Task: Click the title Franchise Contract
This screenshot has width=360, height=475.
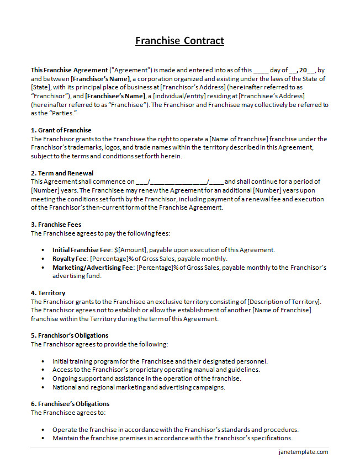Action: point(180,41)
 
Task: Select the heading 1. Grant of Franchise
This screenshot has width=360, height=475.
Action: point(61,130)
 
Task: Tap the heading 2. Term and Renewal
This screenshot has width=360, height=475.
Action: point(62,173)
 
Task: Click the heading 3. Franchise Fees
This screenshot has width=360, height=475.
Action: point(56,225)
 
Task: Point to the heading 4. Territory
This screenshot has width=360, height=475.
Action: point(48,293)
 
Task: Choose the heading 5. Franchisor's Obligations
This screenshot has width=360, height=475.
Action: point(70,335)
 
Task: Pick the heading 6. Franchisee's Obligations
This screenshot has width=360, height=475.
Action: point(70,404)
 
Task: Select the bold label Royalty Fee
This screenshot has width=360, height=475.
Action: point(70,259)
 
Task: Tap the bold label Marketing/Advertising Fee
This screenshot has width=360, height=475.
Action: point(92,268)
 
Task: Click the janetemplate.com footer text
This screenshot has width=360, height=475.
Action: point(303,452)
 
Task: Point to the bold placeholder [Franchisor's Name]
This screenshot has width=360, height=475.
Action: point(100,79)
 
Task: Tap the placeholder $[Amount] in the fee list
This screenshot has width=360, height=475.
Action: point(131,250)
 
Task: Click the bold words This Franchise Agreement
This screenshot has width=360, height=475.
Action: point(70,70)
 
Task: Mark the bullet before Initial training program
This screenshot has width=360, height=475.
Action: point(44,361)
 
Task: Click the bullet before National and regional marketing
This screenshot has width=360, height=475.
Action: point(44,387)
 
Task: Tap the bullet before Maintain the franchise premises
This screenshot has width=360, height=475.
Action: point(44,439)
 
